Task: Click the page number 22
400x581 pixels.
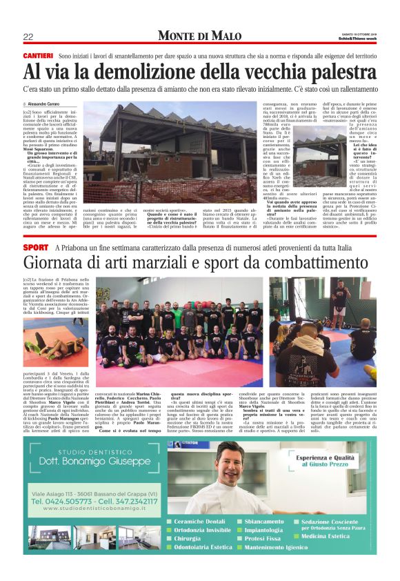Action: [x=29, y=37]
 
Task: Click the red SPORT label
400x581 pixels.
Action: [x=35, y=247]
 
